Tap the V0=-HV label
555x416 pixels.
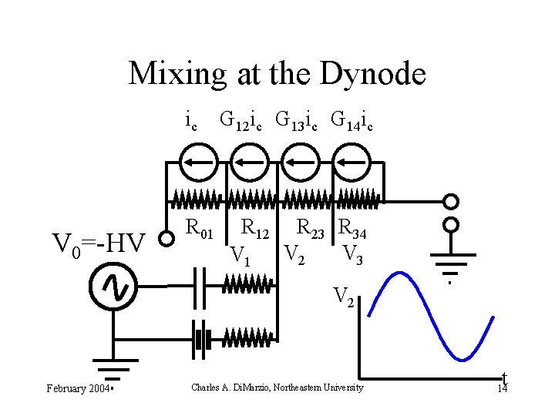(98, 244)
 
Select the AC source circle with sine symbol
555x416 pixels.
(113, 287)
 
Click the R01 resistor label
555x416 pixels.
(200, 228)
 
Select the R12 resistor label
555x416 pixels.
(255, 228)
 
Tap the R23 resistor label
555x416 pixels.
(314, 228)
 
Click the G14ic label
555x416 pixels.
(351, 121)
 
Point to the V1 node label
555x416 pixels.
(240, 254)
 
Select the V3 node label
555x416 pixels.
(353, 253)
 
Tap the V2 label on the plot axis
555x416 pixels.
(344, 296)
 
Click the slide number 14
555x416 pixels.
(502, 389)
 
